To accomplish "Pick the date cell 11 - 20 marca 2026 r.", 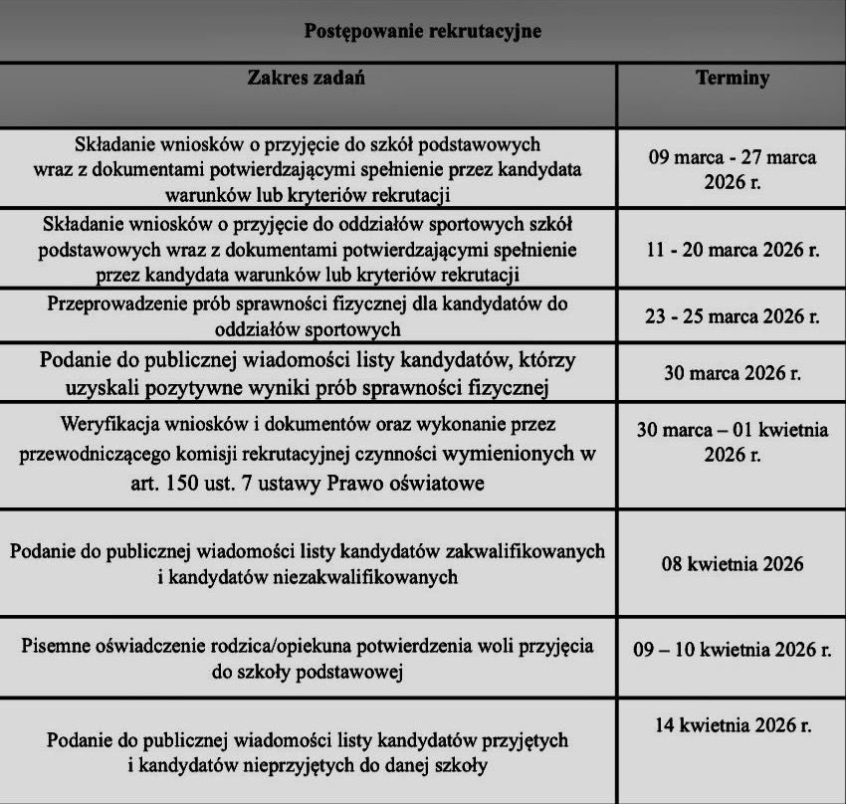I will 732,249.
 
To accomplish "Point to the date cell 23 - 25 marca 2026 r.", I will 732,317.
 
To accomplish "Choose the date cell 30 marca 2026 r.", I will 732,373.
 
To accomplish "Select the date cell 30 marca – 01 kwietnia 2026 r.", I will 732,443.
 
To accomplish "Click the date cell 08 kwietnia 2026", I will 732,564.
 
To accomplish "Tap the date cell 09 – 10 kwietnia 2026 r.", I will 732,651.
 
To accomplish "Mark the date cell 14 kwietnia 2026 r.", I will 732,724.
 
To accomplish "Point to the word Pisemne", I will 56,645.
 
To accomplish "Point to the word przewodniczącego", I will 119,456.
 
